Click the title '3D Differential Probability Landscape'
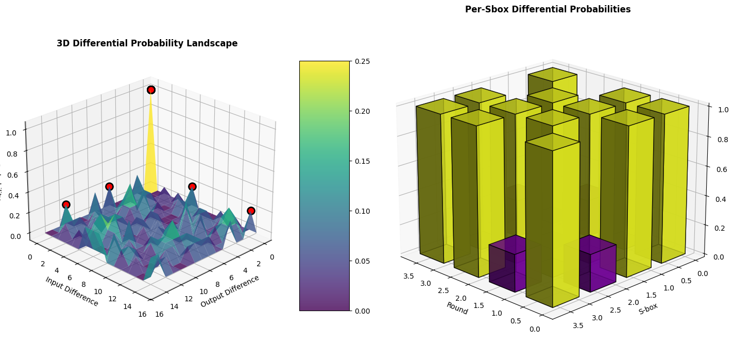(x=147, y=44)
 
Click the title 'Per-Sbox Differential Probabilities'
(x=548, y=9)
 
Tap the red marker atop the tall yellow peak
(x=151, y=90)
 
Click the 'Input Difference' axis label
(x=72, y=292)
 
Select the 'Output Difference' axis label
(x=230, y=291)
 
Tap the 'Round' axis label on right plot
(x=457, y=308)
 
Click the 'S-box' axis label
(x=648, y=308)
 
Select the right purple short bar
(x=598, y=263)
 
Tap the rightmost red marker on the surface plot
(x=251, y=211)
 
